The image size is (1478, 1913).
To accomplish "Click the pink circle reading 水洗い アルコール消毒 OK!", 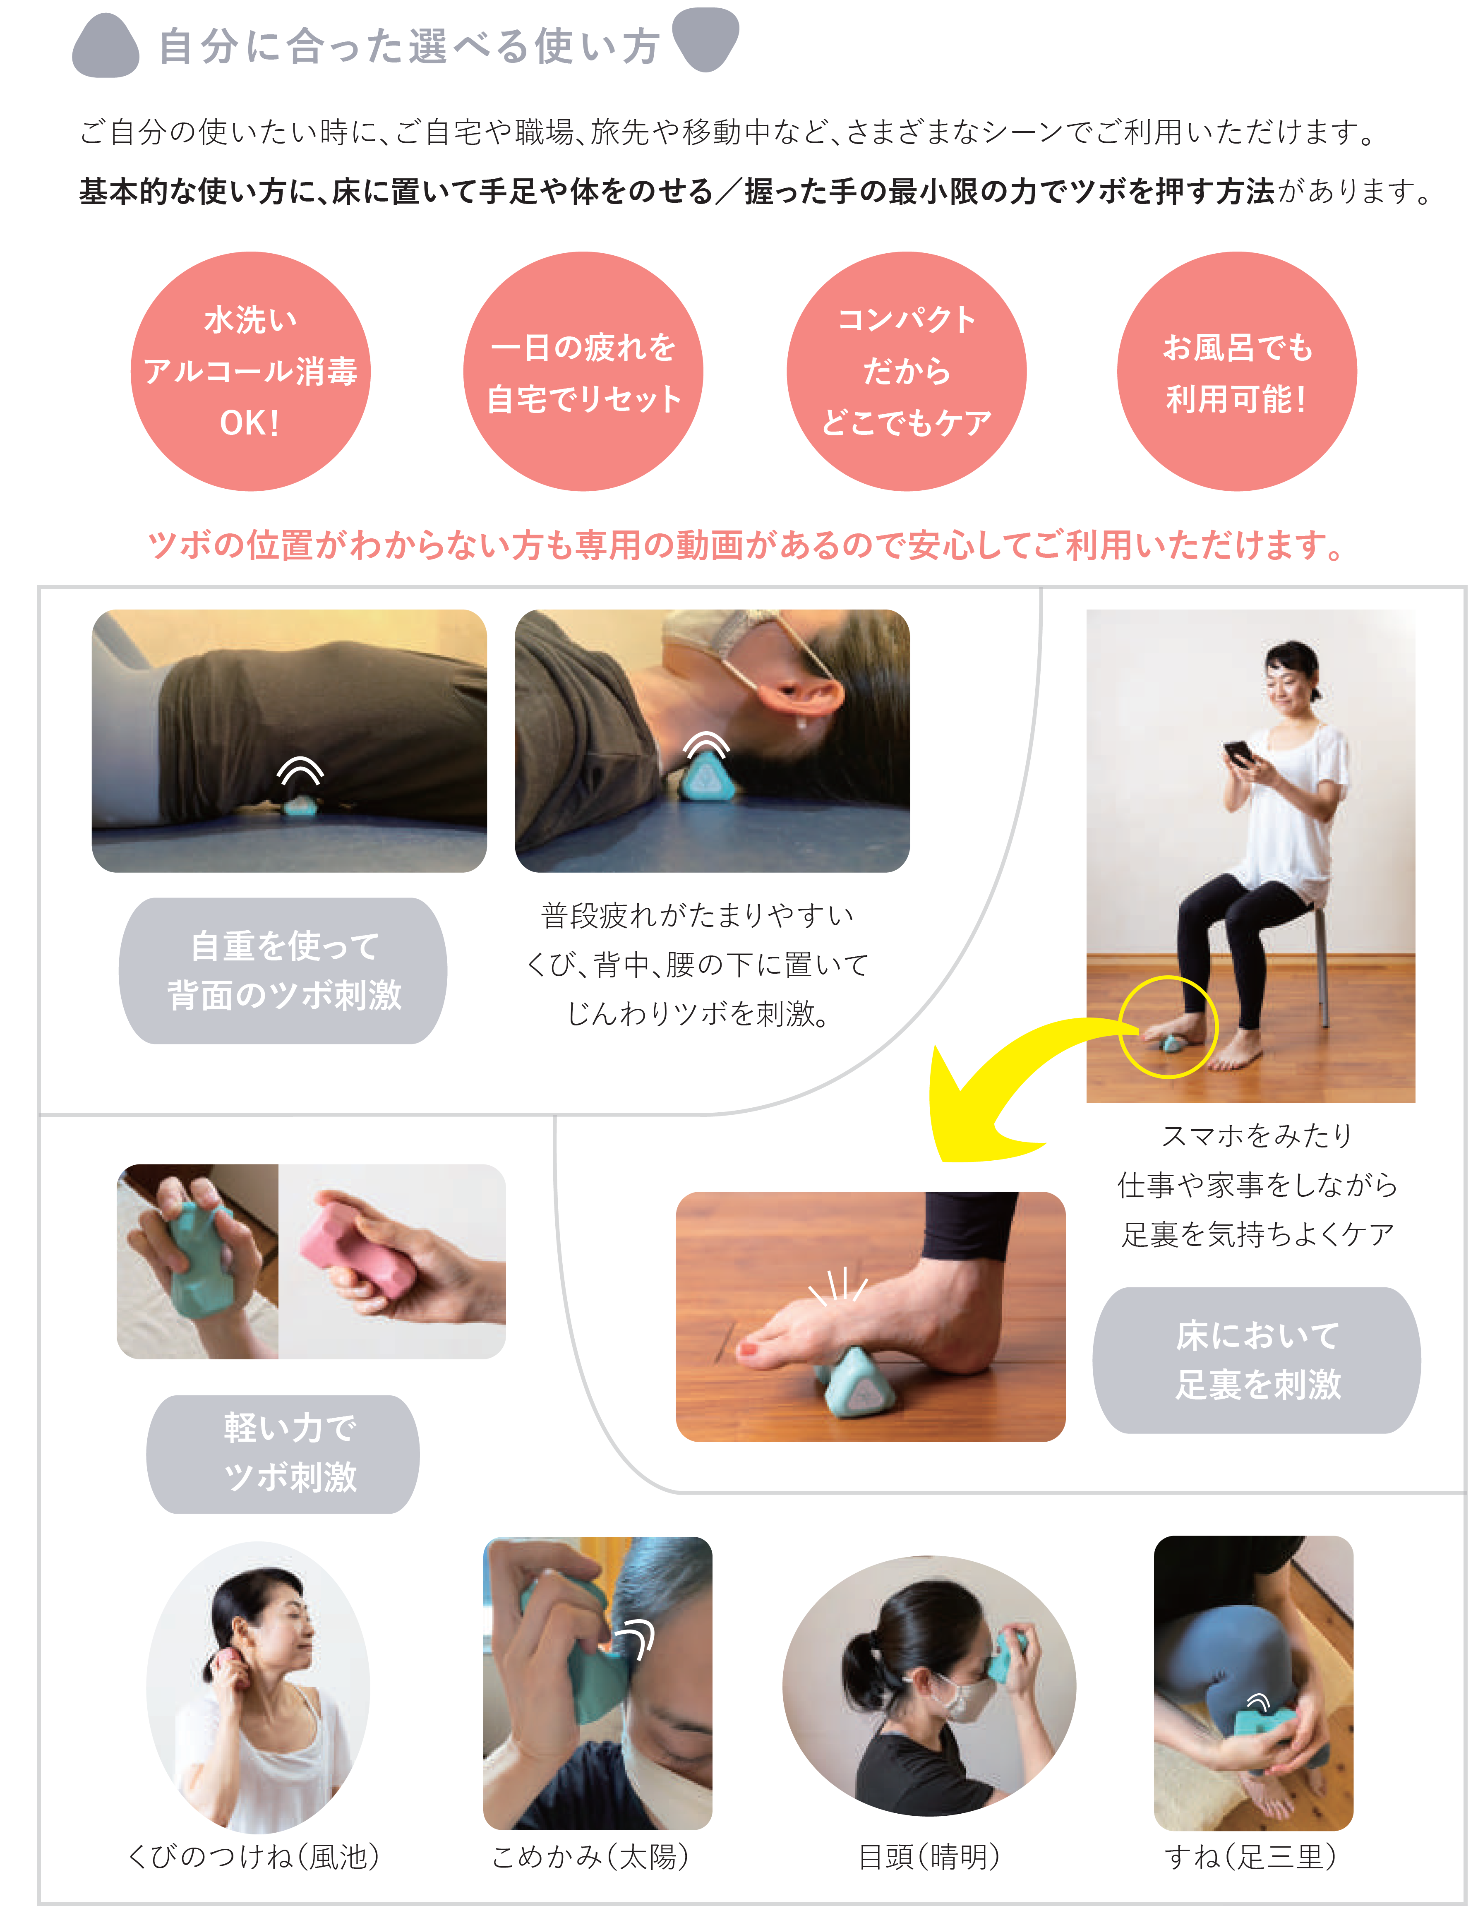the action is [251, 372].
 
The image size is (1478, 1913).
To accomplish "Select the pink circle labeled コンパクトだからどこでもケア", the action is [907, 372].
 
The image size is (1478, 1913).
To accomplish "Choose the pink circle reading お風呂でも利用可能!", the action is [1237, 372].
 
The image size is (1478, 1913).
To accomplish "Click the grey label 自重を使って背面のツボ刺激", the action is [283, 970].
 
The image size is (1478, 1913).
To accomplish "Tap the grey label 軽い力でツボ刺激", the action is [283, 1454].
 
